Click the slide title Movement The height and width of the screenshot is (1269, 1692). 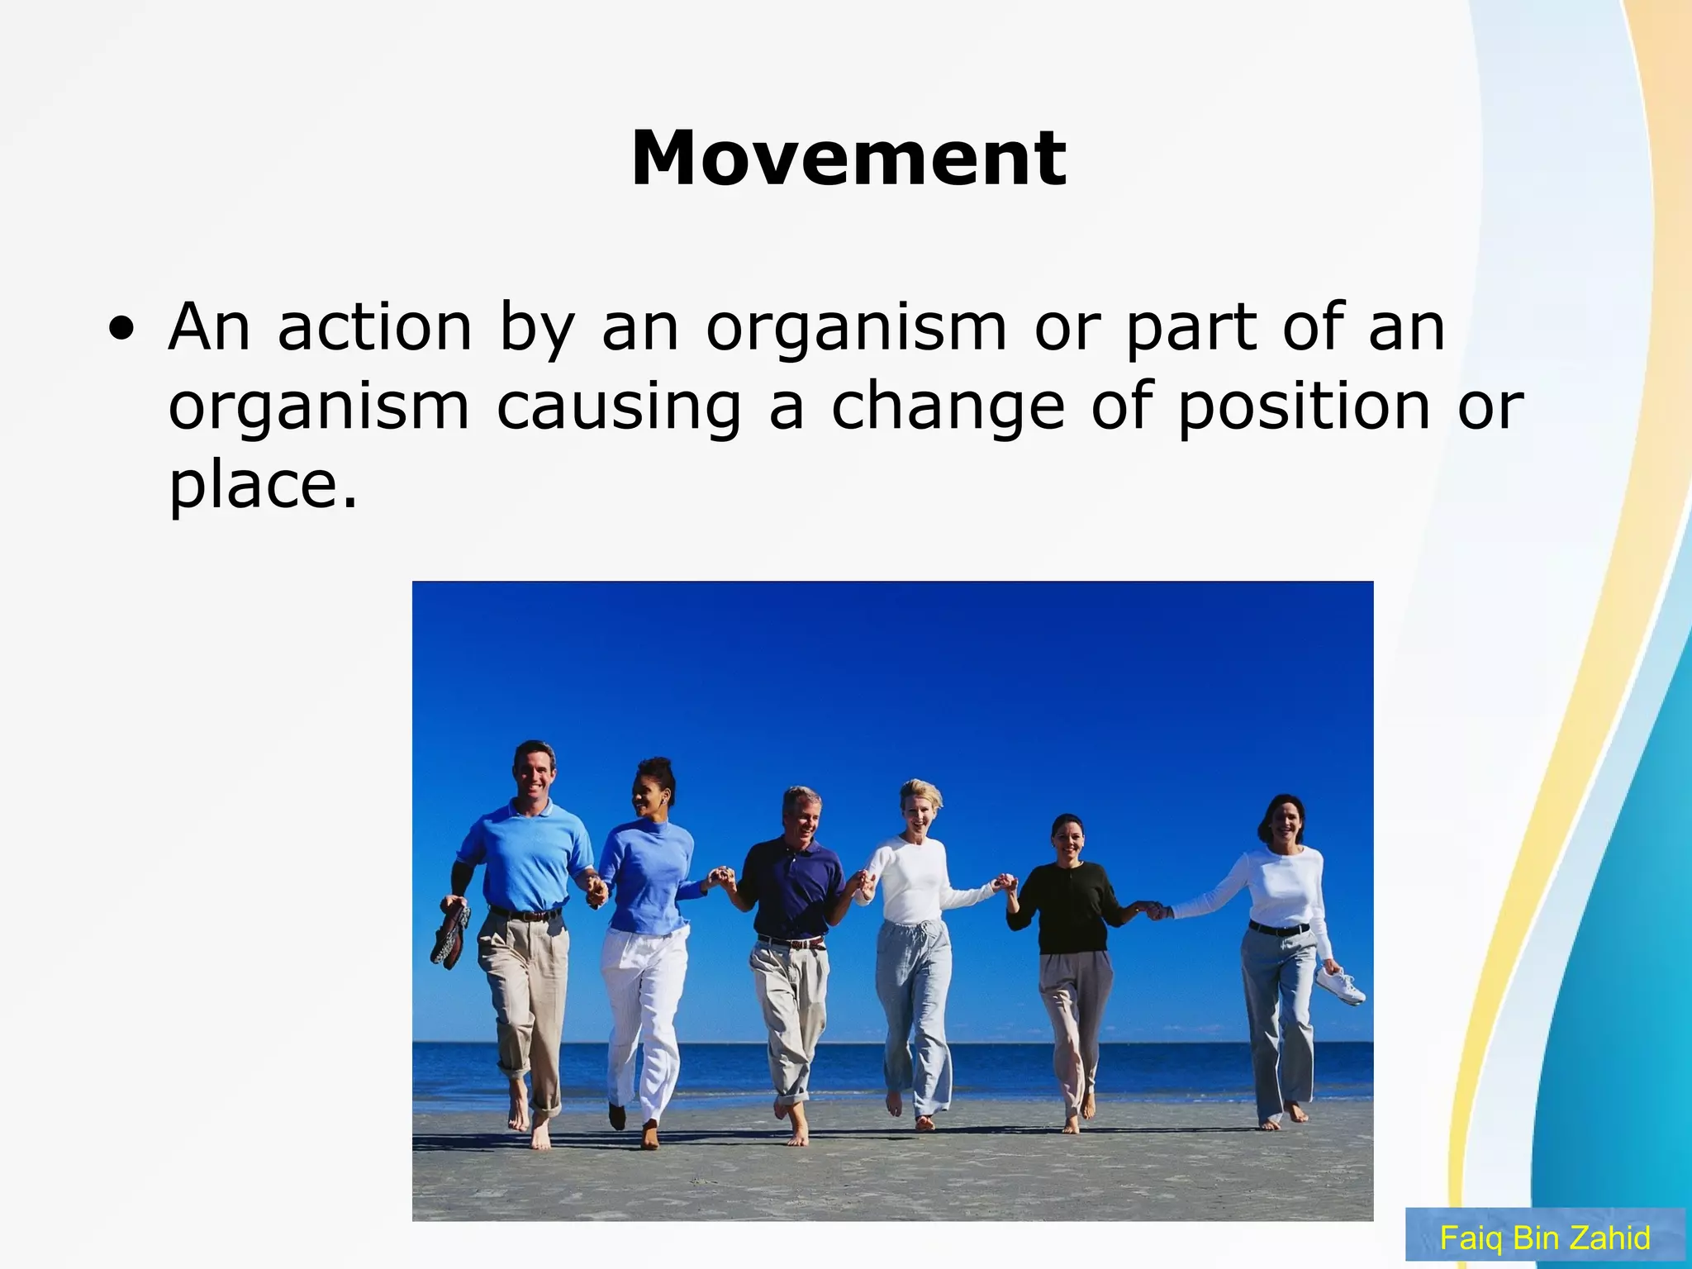[848, 159]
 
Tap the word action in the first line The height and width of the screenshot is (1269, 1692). [374, 327]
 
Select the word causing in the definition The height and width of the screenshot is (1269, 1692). [618, 406]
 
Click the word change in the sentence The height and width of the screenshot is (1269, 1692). [947, 406]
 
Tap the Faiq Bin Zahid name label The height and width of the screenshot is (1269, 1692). [1544, 1238]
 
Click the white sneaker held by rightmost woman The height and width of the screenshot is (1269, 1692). [1340, 986]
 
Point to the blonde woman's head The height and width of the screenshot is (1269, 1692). [920, 806]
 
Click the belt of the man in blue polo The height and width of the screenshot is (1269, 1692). [525, 915]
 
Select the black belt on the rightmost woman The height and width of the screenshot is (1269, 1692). [1278, 929]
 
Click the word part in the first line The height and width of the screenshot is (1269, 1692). [1190, 327]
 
